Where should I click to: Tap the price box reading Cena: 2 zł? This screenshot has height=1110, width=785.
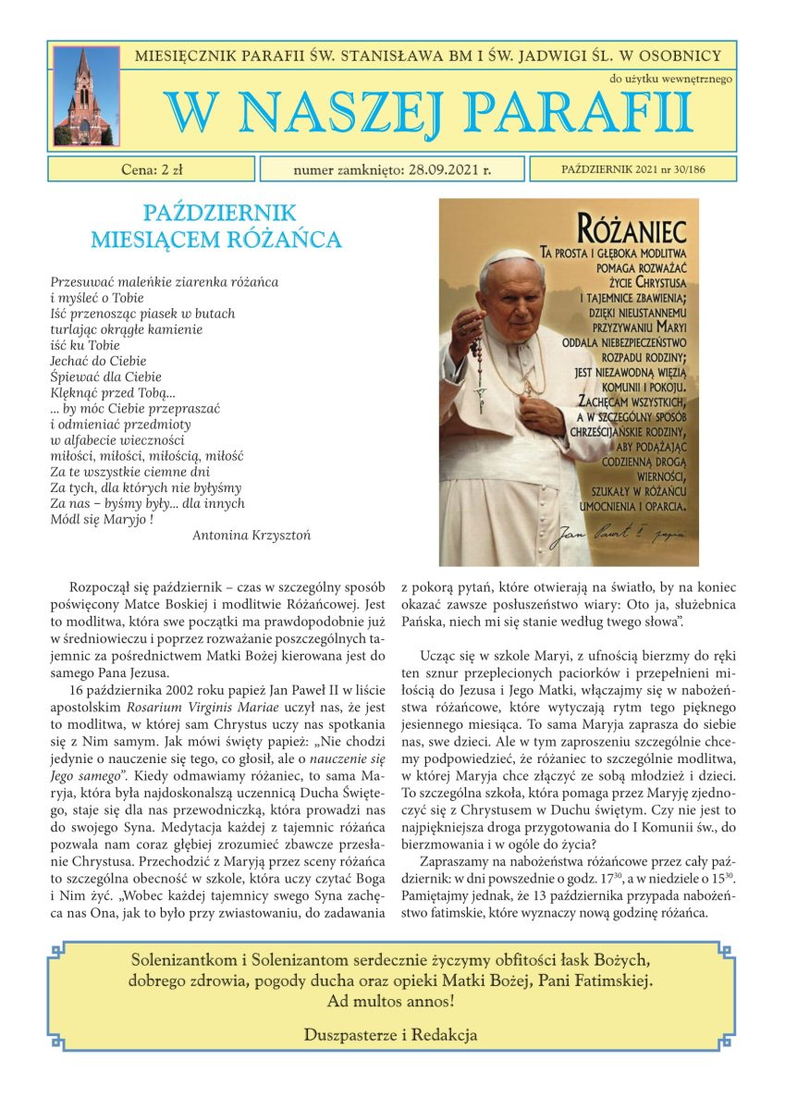coord(152,169)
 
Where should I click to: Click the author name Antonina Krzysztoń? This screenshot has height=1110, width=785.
coord(251,535)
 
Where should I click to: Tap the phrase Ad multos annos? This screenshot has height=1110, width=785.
coord(391,1001)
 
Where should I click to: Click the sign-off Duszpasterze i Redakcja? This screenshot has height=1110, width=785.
coord(391,1035)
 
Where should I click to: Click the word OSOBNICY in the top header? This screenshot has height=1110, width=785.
coord(691,55)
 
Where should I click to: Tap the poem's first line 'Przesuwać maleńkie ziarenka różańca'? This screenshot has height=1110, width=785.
coord(165,281)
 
